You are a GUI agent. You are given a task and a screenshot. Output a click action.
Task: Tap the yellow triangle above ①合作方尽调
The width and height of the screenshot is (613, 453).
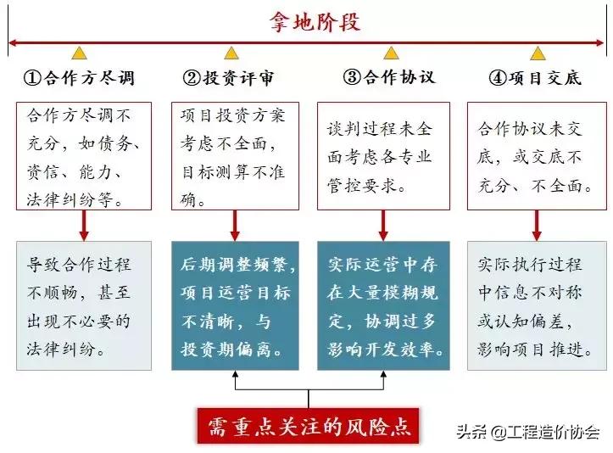coord(79,53)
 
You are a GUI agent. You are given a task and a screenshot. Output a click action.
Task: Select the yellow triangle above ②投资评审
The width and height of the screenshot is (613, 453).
coord(231,53)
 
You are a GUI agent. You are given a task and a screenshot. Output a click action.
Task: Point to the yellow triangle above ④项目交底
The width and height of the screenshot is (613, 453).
coord(538,53)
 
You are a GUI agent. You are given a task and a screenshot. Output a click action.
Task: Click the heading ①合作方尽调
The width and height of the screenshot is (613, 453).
coord(78,78)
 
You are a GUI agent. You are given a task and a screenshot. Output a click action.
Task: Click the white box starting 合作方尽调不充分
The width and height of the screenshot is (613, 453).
coord(84,156)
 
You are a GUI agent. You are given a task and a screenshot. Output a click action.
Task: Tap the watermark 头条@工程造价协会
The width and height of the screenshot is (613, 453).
coord(527,431)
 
